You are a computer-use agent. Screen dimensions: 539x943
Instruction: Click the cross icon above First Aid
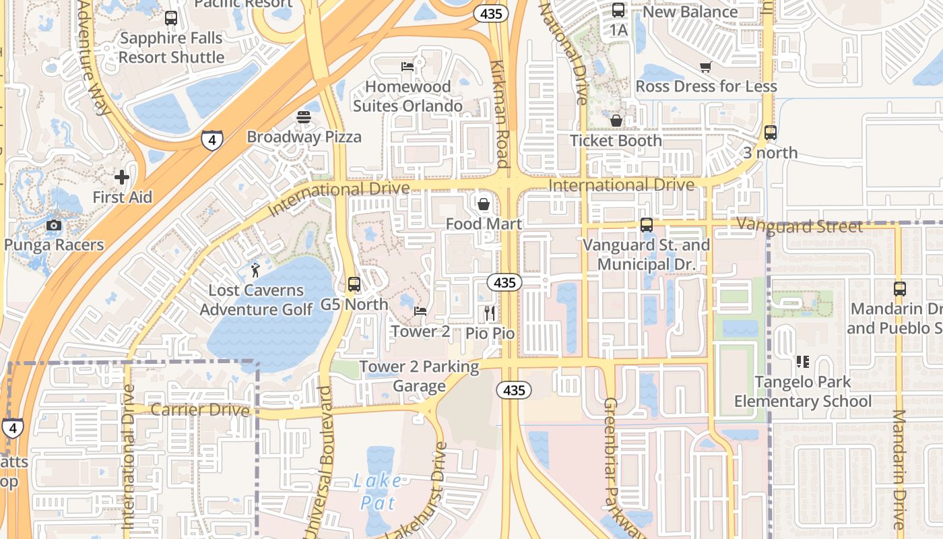[122, 177]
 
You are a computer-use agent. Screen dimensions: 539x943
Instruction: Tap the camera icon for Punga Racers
[54, 225]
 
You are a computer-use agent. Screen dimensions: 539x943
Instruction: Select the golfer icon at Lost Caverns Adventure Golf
[255, 271]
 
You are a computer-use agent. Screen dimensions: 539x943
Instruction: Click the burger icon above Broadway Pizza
[304, 117]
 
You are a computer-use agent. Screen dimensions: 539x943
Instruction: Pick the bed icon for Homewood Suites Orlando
[408, 67]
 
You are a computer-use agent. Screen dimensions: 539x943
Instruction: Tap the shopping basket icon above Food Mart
[483, 203]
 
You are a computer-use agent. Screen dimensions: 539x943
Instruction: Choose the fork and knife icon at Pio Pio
[490, 313]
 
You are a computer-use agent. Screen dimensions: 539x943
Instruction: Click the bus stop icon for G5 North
[354, 284]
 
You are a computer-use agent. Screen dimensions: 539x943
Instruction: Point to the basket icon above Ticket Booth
[616, 121]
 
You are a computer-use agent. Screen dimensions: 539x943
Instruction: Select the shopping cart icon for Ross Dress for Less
[705, 67]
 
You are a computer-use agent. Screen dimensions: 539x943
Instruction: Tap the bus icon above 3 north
[771, 133]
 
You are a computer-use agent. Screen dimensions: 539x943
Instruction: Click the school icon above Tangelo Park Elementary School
[802, 362]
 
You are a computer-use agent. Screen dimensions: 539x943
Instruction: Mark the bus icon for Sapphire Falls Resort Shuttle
[171, 18]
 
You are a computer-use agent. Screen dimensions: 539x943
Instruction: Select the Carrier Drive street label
[200, 410]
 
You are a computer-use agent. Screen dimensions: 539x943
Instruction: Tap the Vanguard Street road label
[800, 226]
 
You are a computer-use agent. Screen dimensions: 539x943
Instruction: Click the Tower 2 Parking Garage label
[419, 376]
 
